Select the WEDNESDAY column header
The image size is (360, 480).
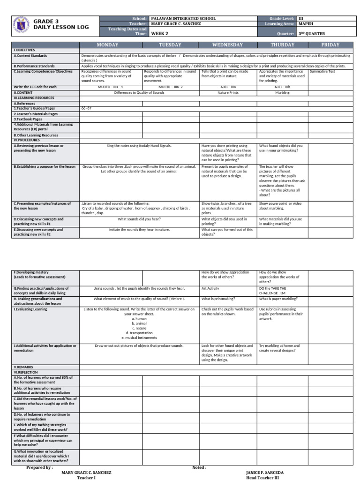click(227, 45)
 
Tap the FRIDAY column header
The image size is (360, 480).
click(330, 45)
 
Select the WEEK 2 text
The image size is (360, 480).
click(159, 34)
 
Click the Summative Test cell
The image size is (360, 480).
click(323, 72)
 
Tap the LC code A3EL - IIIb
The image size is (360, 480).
click(281, 87)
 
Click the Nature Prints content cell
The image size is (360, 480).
click(217, 93)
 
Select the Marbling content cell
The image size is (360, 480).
click(281, 93)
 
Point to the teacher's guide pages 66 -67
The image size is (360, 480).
click(87, 108)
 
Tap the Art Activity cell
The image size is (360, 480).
click(210, 289)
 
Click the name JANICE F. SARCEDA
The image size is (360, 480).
click(264, 472)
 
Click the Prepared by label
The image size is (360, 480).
click(39, 467)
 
